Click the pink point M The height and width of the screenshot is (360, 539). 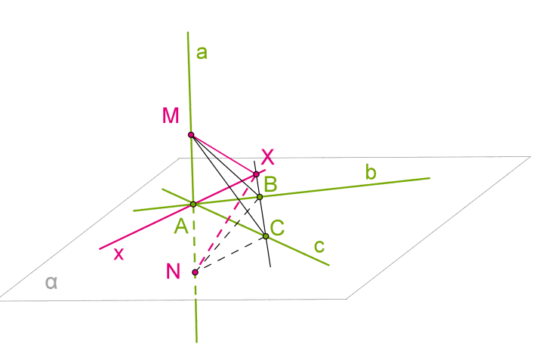pos(191,134)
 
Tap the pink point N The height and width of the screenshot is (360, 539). pos(196,272)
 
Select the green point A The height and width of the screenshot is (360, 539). pos(193,205)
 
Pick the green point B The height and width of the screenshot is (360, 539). pos(260,197)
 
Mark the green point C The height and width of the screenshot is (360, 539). pos(266,236)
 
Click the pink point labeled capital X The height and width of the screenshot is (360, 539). pos(256,174)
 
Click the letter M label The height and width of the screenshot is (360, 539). pos(171,115)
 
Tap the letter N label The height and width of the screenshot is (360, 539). pos(173,271)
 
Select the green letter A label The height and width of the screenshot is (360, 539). pos(181,226)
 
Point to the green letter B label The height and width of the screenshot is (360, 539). pos(270,184)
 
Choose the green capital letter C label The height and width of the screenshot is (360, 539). pos(277,228)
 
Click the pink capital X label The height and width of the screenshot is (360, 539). pos(267,157)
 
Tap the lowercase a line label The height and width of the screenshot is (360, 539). pos(202,54)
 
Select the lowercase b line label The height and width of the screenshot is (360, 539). pos(371,172)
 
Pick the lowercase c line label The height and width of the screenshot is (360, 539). pos(319,246)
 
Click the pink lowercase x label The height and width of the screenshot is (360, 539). pos(119,254)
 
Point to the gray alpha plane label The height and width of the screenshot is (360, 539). pos(51,283)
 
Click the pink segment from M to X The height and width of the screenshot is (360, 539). pos(223,155)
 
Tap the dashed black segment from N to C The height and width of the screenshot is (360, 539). pos(230,254)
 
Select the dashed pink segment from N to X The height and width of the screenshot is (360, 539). pos(226,223)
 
